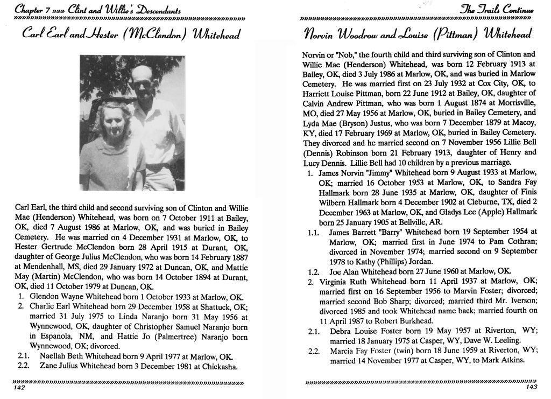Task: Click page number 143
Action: (532, 388)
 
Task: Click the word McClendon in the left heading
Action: (171, 36)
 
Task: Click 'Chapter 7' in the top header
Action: (32, 9)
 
